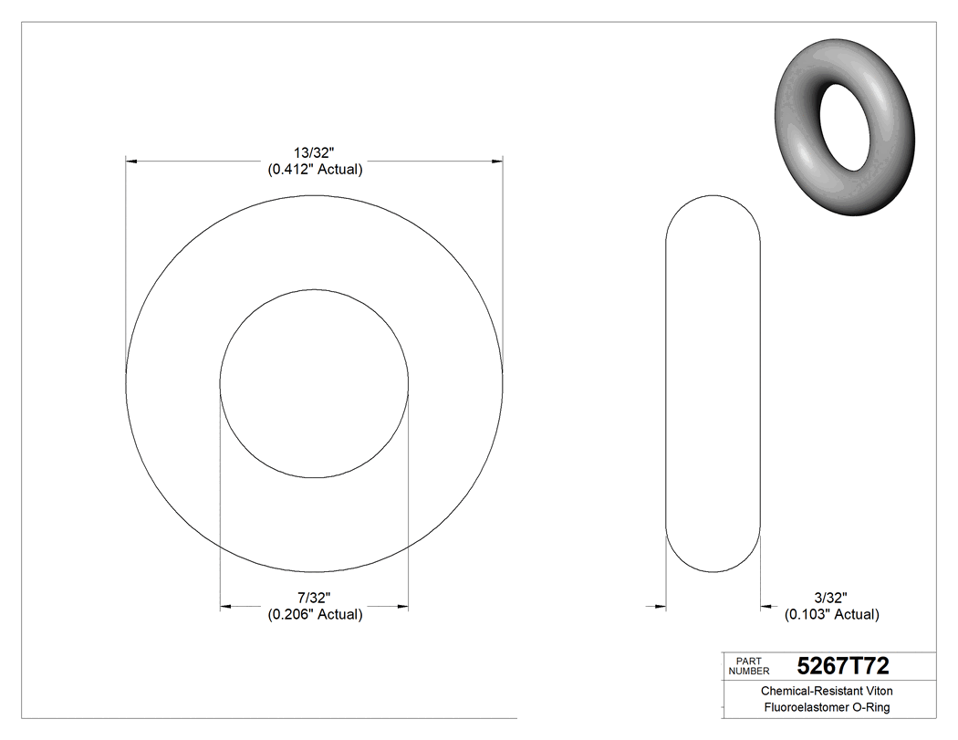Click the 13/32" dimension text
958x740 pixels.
(314, 153)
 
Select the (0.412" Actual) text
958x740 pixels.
(314, 170)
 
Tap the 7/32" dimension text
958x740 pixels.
(314, 598)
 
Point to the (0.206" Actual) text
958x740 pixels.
(314, 614)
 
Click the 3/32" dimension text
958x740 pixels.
(832, 598)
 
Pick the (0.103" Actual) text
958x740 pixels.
(832, 614)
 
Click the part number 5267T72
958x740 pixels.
(843, 666)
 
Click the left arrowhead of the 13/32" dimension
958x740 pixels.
(131, 162)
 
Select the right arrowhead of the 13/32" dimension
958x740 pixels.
(497, 162)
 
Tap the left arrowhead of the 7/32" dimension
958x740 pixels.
(226, 606)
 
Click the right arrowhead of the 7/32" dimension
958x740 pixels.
(402, 606)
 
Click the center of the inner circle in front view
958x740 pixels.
(314, 383)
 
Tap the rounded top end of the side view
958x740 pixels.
(713, 197)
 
